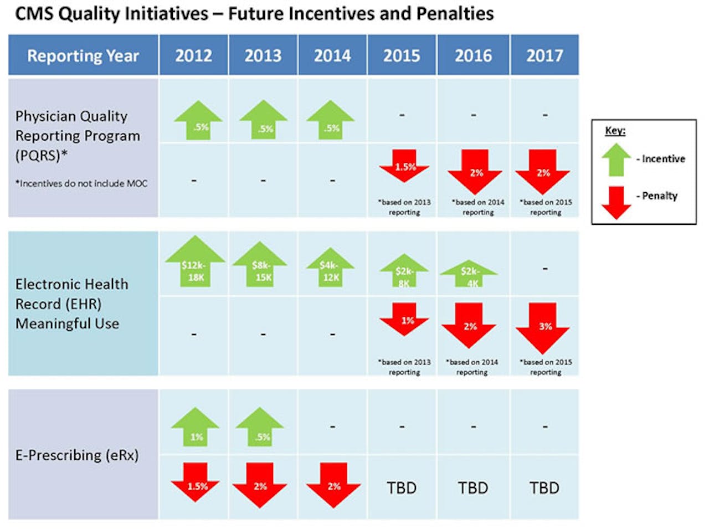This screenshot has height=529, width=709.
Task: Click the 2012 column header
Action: tap(193, 55)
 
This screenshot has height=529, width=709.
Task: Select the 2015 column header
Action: tap(402, 55)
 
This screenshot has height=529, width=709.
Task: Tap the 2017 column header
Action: tap(544, 55)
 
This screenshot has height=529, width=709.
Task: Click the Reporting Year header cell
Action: tap(83, 55)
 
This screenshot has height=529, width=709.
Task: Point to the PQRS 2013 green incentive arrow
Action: tap(264, 120)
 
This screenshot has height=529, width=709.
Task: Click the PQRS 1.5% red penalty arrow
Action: tap(404, 165)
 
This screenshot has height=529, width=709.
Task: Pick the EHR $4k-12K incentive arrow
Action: tap(331, 268)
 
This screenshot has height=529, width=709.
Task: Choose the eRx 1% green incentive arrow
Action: tap(195, 427)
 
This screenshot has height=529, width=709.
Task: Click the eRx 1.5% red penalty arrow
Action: tap(196, 482)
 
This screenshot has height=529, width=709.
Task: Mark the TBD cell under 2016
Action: tap(473, 488)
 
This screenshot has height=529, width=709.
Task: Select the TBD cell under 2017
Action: tap(544, 488)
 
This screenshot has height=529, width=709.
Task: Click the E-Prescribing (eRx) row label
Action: tap(77, 455)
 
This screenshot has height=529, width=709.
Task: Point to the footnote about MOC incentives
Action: tap(81, 183)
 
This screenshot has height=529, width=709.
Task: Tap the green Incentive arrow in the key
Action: tap(616, 160)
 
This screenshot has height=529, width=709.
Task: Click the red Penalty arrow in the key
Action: tap(616, 203)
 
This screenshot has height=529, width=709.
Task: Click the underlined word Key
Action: tap(615, 131)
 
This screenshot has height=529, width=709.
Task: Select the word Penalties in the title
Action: tap(456, 13)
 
